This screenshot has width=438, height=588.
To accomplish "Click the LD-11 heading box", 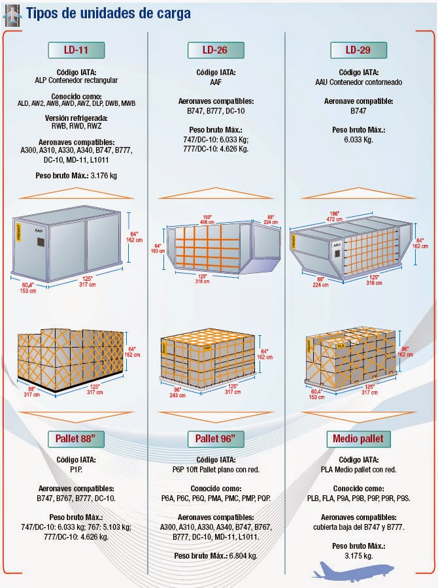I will click(x=76, y=50).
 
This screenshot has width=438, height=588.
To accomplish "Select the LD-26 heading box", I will click(x=215, y=50).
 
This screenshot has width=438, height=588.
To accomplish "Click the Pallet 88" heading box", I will click(x=76, y=437).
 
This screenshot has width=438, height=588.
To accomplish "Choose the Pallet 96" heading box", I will click(x=215, y=437).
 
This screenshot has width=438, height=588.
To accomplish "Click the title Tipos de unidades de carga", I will click(x=109, y=13).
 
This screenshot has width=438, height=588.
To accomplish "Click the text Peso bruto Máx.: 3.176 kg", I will click(x=76, y=176).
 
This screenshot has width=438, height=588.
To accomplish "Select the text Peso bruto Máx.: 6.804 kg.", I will click(x=216, y=555).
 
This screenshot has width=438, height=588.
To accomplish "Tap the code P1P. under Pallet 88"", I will click(x=76, y=468).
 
